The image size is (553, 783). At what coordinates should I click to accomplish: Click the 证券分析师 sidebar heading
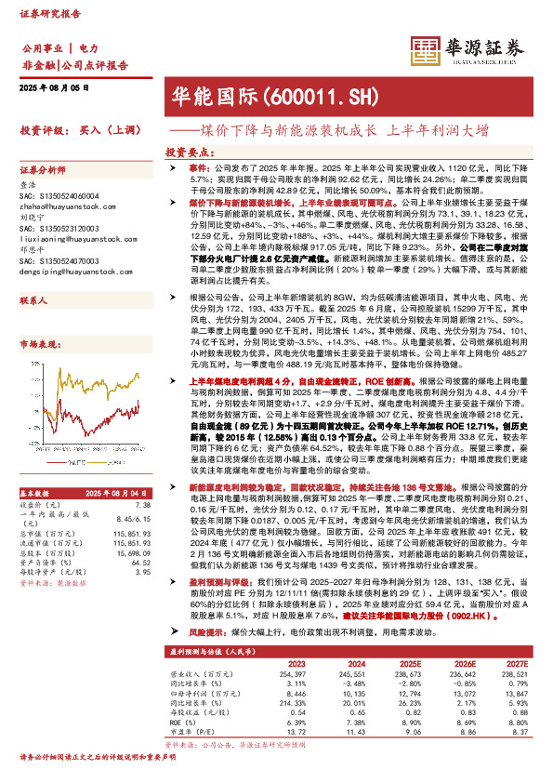43,171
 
